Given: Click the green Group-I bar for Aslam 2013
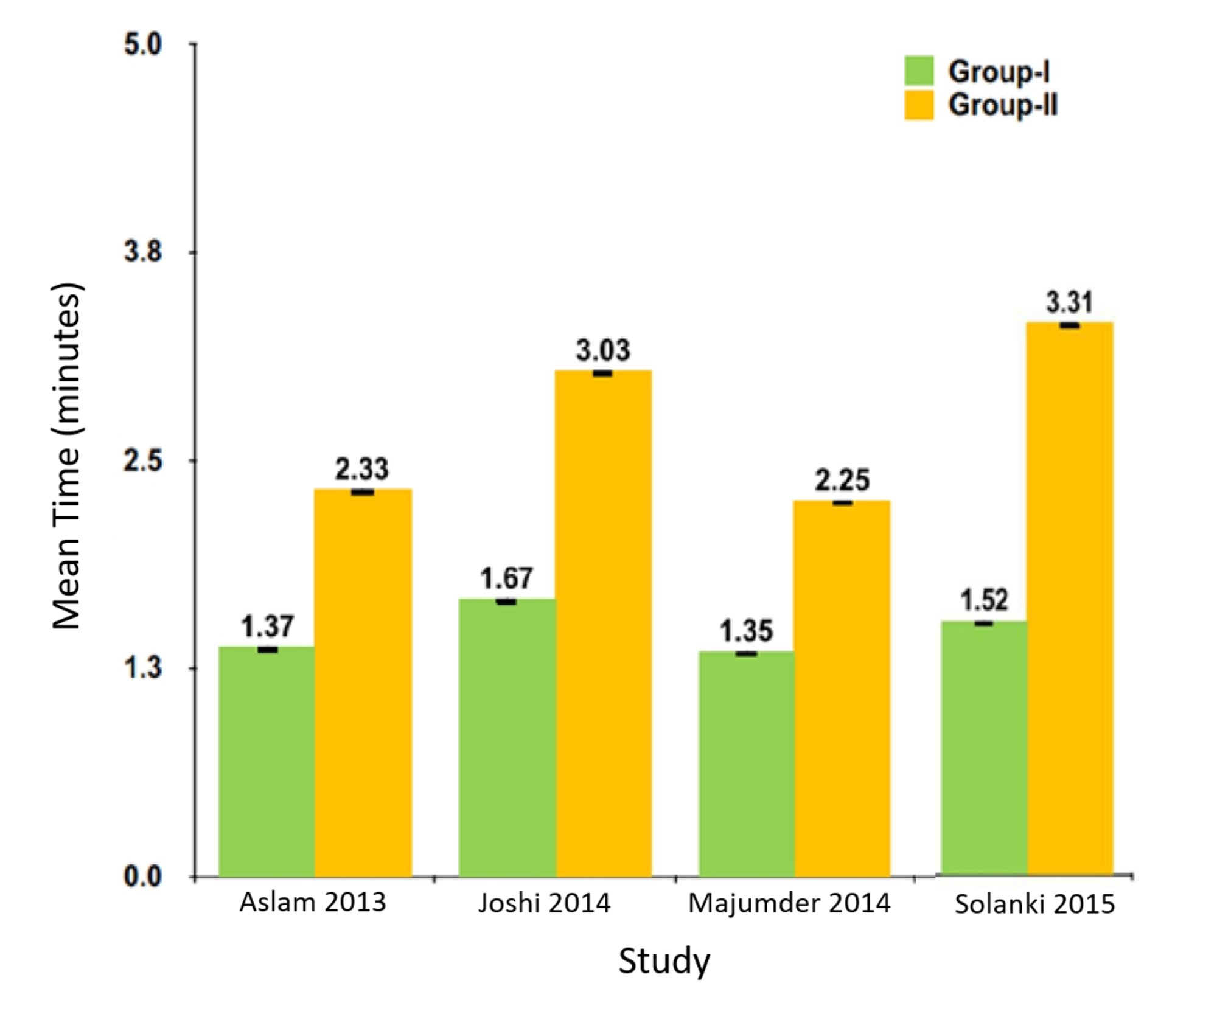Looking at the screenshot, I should (x=267, y=762).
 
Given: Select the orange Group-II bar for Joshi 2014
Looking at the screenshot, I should (x=604, y=623).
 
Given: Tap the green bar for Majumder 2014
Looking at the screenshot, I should (x=746, y=764).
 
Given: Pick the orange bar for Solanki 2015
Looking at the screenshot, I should (x=1070, y=599).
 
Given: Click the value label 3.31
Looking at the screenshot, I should (x=1070, y=302).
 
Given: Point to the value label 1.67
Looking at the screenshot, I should (x=506, y=578).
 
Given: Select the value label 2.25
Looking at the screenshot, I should (x=842, y=480).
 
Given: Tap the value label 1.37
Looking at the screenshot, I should (x=267, y=627).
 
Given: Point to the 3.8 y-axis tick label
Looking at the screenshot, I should (x=143, y=252).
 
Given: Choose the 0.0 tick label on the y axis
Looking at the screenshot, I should (x=143, y=877).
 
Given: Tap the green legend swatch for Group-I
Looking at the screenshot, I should (x=919, y=71).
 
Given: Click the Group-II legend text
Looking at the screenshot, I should (x=1003, y=105).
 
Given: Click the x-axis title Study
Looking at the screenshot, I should (x=664, y=961).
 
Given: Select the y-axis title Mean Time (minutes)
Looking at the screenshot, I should (x=67, y=456).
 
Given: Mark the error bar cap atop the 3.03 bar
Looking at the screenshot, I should (x=602, y=373).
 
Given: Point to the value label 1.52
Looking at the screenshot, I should (x=984, y=600).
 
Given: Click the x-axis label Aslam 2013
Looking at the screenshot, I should (x=313, y=902).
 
